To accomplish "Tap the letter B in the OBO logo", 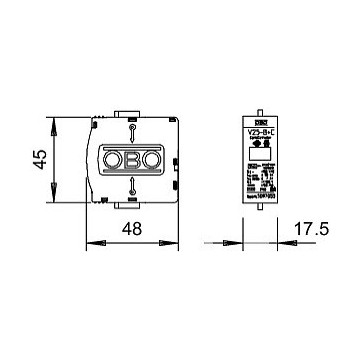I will pos(131,159).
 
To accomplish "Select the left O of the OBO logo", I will pos(111,159).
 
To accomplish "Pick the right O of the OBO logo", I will pos(150,159).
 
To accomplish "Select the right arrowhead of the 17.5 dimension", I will pos(274,242).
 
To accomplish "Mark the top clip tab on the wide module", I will pos(130,113).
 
